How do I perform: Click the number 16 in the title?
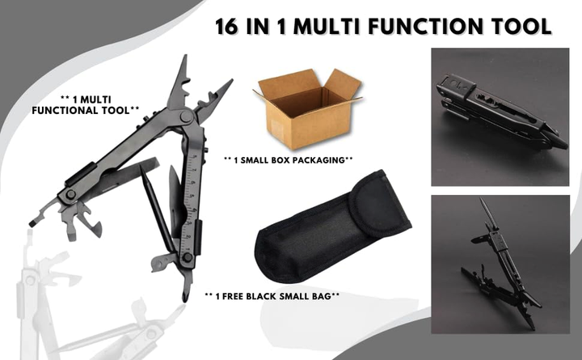tap(227, 27)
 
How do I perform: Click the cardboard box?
tap(307, 109)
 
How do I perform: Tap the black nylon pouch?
tap(332, 227)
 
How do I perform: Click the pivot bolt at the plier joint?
tap(186, 116)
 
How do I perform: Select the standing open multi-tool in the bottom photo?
tap(502, 265)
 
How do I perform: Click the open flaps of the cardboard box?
tap(308, 83)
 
